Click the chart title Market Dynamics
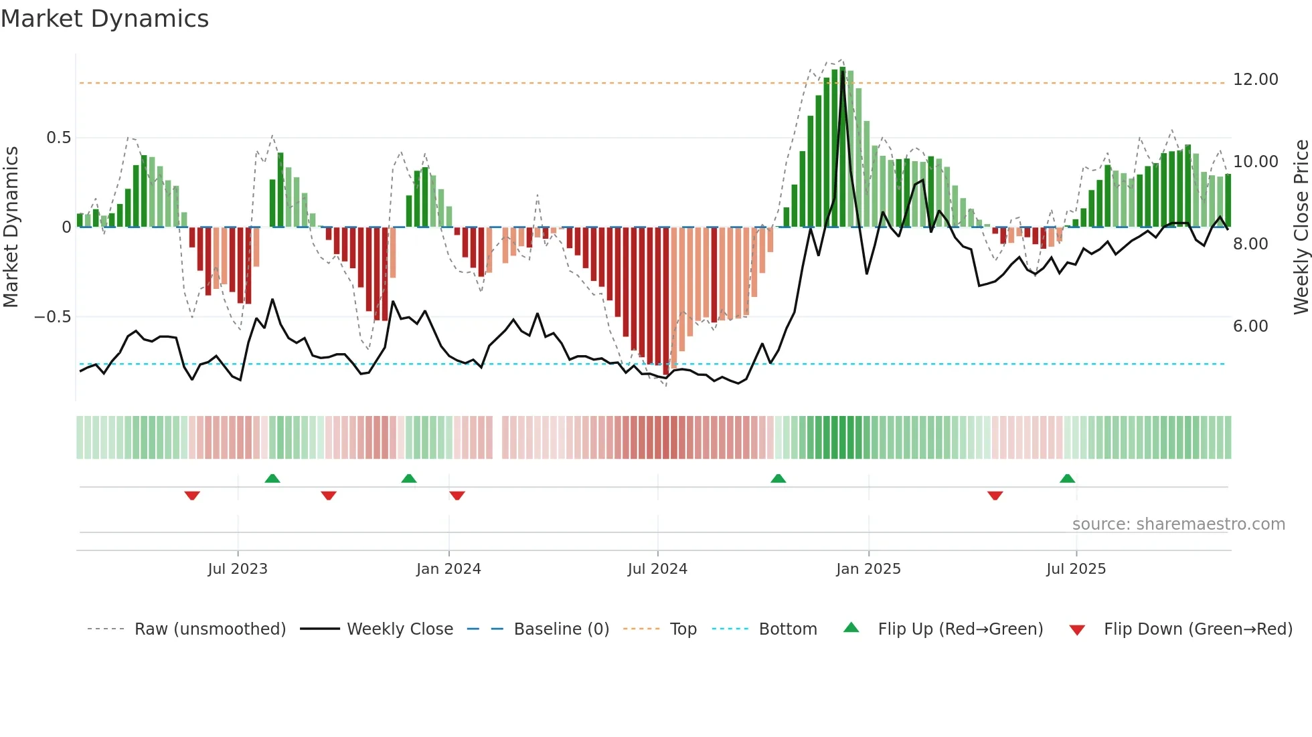(105, 19)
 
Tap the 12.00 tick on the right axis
(1255, 80)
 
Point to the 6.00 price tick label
(1250, 326)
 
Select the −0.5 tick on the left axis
(52, 317)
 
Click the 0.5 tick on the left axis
(58, 138)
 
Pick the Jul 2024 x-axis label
(657, 569)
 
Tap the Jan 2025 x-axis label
(868, 569)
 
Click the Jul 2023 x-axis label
(238, 569)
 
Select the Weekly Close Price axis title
(1301, 227)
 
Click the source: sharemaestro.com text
(1178, 524)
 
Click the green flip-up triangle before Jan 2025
(778, 479)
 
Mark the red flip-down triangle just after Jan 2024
(457, 496)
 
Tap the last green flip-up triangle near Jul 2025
(1067, 479)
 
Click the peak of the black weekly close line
(842, 74)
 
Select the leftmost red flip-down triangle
(192, 496)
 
